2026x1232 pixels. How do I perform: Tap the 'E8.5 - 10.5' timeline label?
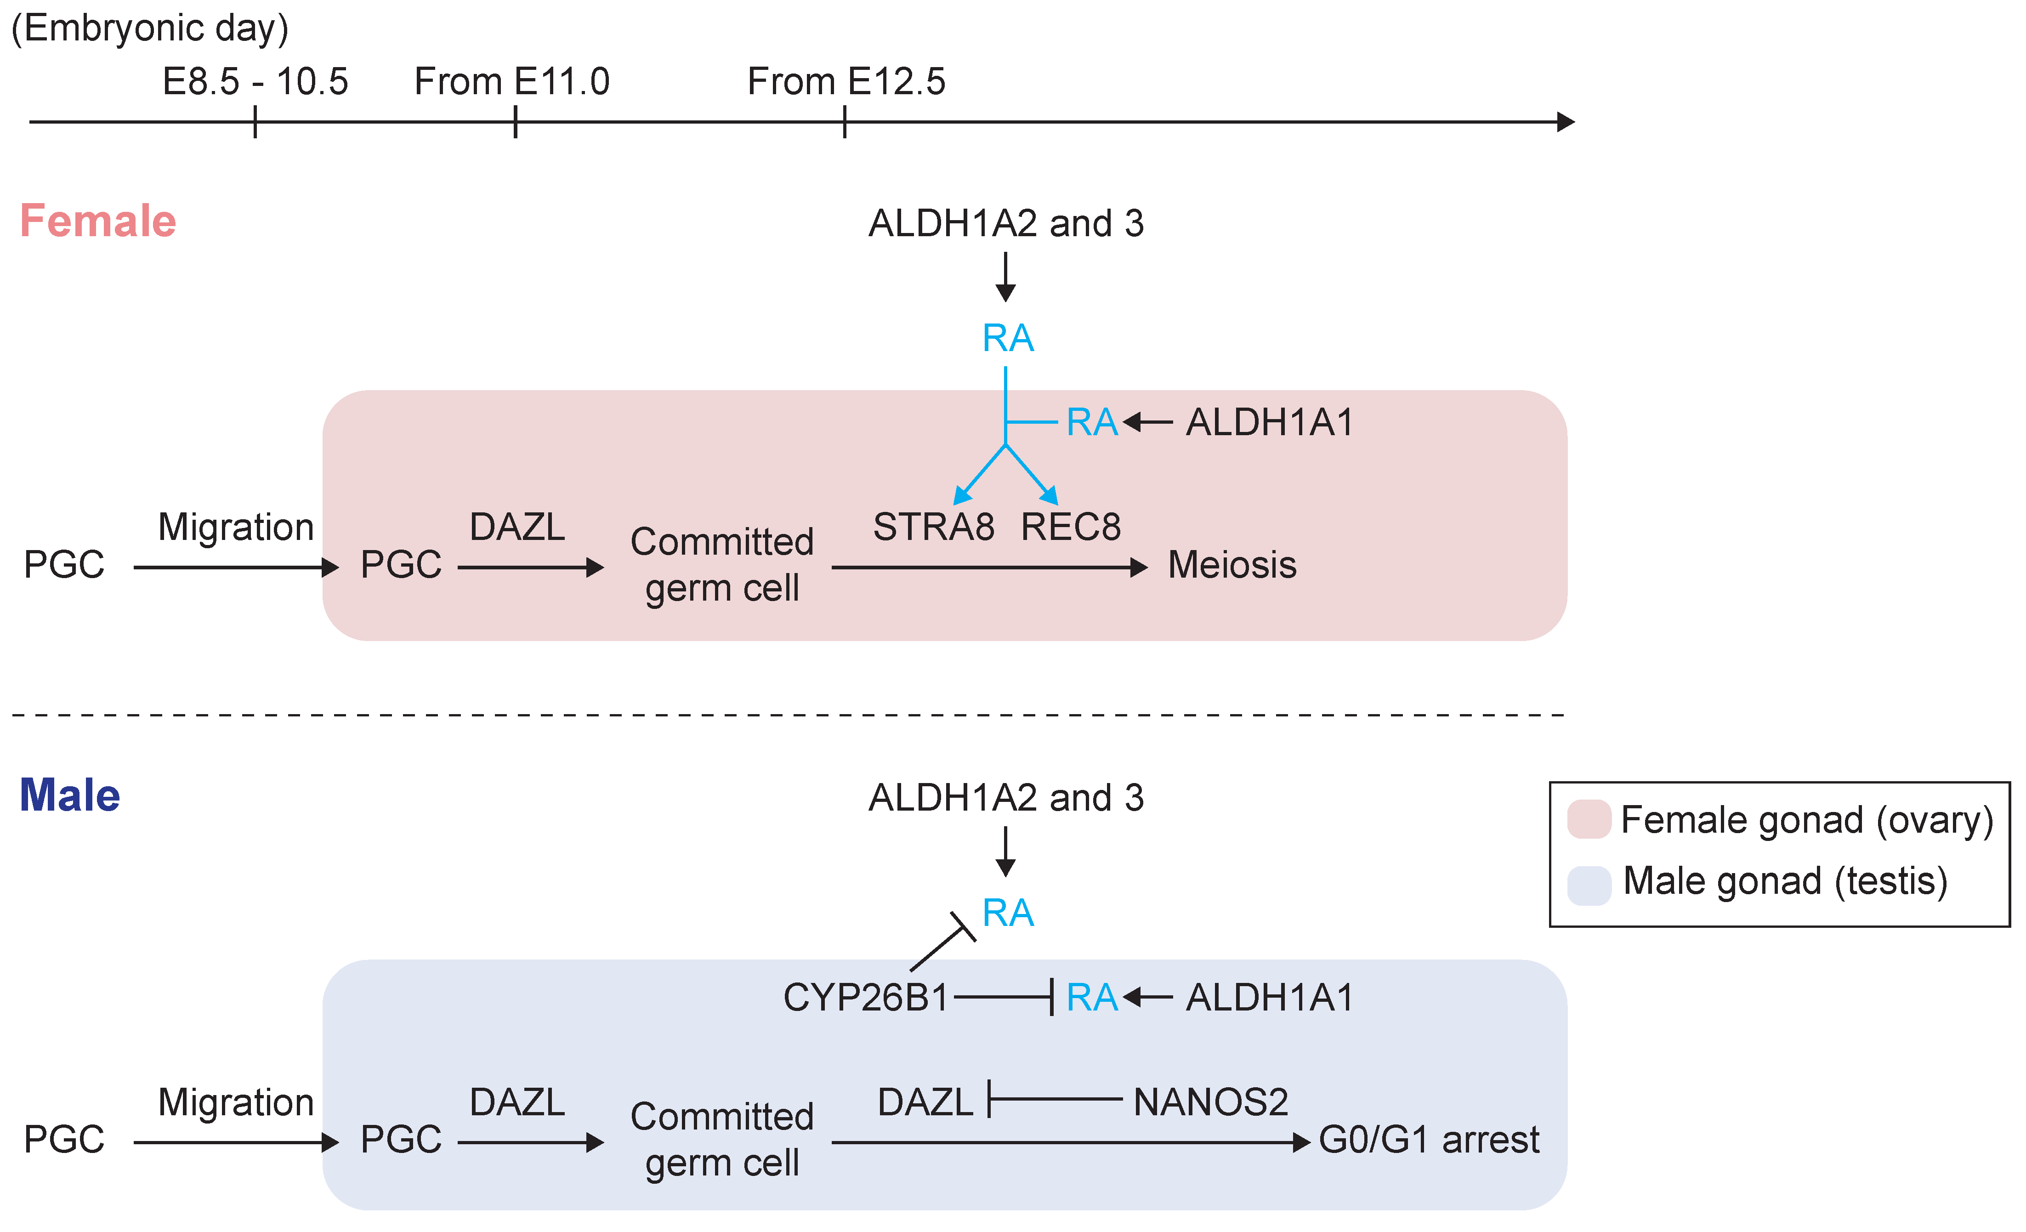[255, 81]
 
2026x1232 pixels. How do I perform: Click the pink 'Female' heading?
[98, 221]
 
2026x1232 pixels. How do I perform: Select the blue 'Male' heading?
[70, 795]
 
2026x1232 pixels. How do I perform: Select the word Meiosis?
[1231, 565]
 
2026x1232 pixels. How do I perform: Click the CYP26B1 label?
[866, 998]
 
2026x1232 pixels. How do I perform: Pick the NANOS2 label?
[1210, 1102]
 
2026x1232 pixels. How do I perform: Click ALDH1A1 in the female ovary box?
[1270, 423]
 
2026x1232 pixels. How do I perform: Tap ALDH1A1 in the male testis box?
[1270, 998]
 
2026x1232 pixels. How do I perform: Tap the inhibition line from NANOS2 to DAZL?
[1056, 1099]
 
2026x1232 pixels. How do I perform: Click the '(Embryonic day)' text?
[150, 29]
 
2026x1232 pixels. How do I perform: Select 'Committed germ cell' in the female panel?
[722, 564]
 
